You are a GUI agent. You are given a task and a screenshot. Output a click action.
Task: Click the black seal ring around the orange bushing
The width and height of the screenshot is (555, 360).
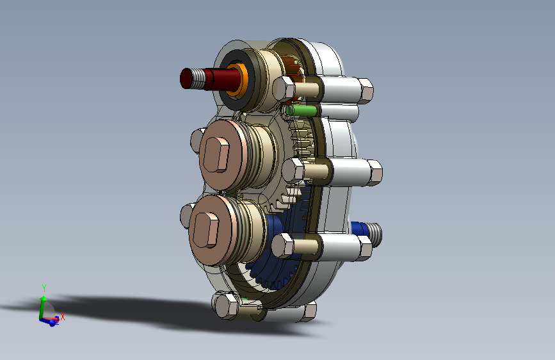[x=236, y=80]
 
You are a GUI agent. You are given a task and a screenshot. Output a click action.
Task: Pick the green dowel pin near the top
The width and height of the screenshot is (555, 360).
[x=301, y=111]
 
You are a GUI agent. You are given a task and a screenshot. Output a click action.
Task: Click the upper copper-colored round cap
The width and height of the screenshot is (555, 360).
[x=222, y=156]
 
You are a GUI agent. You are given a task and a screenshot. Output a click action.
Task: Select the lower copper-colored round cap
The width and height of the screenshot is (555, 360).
[x=213, y=231]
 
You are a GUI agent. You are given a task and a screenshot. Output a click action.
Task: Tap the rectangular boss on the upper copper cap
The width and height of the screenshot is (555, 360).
[x=216, y=154]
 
